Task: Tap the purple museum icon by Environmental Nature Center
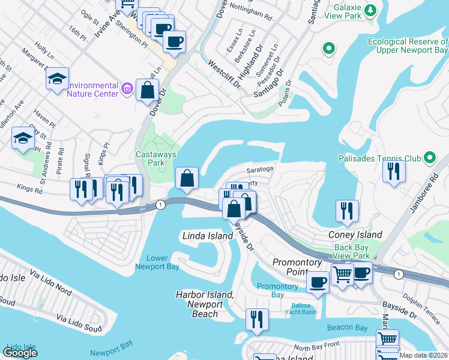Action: point(126,89)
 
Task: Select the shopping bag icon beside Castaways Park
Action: point(187,179)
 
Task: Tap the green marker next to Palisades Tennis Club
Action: point(429,158)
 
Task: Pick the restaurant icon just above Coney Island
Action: point(347,211)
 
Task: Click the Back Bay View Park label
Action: point(352,251)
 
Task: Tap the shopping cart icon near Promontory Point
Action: point(342,275)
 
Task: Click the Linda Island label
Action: point(207,236)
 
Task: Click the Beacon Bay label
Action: point(347,328)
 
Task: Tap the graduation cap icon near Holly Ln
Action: point(57,79)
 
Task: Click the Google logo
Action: point(20,353)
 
